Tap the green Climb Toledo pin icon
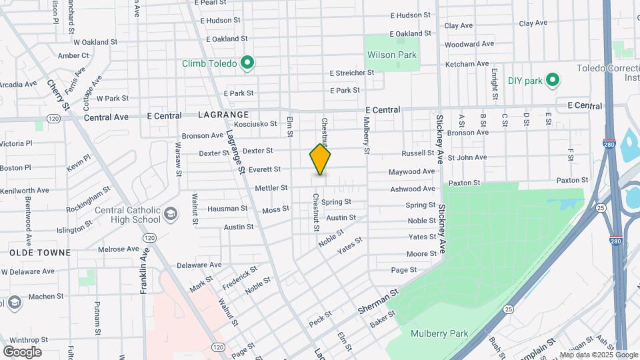pos(247,63)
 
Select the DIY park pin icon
pos(552,81)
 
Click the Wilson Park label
pos(391,55)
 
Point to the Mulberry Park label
pos(439,333)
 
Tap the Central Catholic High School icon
pos(171,214)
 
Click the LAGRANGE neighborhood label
pos(223,115)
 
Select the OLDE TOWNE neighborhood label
pos(40,253)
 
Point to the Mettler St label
pos(271,188)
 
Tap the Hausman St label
pos(227,209)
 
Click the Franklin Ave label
pos(143,270)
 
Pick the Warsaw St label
pos(179,159)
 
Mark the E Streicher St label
pos(351,73)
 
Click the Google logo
pos(22,351)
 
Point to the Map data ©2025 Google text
pos(598,355)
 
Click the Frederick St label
pos(239,279)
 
